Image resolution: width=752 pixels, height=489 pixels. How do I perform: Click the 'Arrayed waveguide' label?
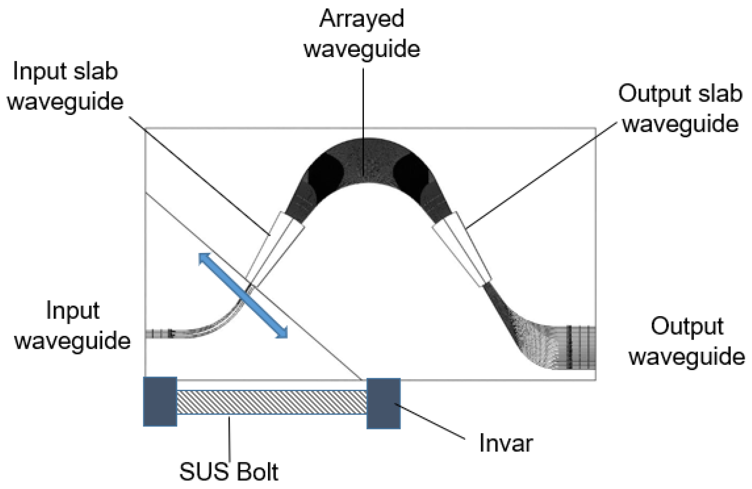click(362, 34)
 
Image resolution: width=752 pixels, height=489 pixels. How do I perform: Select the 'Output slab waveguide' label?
click(680, 108)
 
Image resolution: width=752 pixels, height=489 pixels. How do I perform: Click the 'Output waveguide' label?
click(687, 341)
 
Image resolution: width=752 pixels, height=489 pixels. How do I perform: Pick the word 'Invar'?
click(506, 443)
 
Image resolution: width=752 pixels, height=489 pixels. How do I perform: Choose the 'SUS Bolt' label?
click(229, 471)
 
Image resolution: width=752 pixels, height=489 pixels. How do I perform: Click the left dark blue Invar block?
click(160, 401)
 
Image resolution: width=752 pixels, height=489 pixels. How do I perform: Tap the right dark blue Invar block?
click(383, 403)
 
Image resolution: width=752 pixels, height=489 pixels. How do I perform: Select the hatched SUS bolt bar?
click(272, 402)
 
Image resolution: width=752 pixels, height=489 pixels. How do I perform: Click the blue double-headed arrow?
click(243, 295)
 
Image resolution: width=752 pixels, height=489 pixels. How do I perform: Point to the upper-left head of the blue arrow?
click(204, 258)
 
